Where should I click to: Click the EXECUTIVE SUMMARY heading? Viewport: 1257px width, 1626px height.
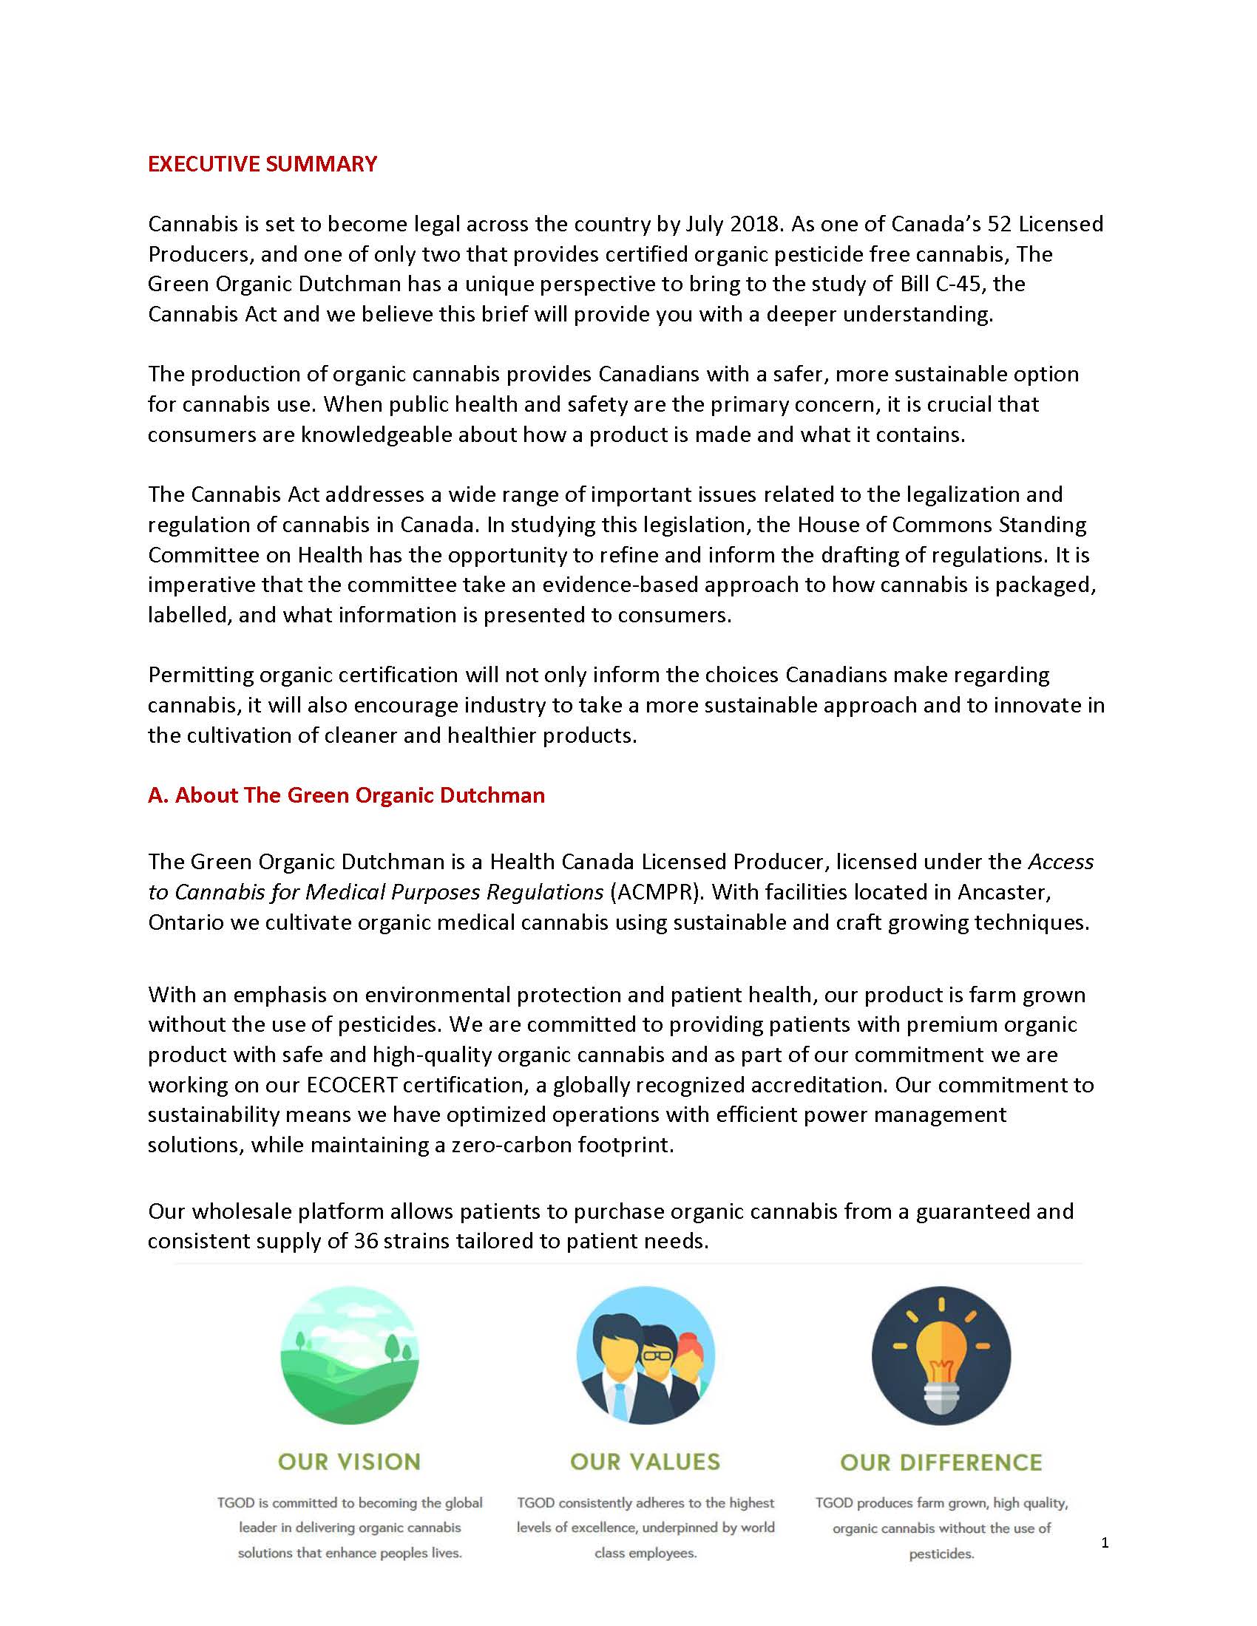point(262,164)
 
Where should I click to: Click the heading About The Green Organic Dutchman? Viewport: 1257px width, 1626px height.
point(346,795)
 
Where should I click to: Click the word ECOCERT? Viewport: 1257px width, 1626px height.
point(351,1085)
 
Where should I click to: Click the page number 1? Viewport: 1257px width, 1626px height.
point(1105,1543)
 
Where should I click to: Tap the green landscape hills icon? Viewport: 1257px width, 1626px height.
point(349,1355)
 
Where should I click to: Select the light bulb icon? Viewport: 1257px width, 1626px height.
point(941,1355)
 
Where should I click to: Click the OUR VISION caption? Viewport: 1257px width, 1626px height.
point(349,1462)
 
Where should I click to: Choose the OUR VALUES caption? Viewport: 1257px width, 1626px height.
point(645,1462)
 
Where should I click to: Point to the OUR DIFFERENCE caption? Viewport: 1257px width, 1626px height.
point(941,1463)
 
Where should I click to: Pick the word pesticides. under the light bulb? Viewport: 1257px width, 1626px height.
point(941,1554)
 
